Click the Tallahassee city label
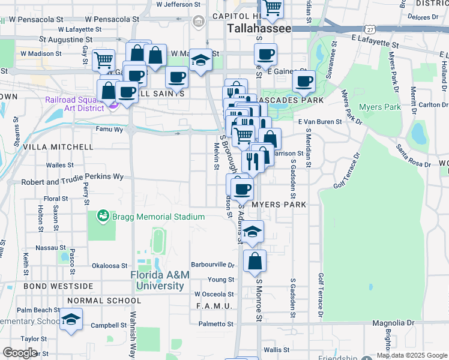259,29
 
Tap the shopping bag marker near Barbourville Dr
255,261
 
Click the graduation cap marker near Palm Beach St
71,319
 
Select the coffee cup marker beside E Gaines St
304,81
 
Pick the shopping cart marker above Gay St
103,60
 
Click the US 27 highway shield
370,28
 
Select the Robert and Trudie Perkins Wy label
72,178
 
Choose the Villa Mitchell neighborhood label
58,146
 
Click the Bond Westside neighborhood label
58,286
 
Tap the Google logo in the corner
20,353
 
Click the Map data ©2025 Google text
411,355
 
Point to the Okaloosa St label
110,265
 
